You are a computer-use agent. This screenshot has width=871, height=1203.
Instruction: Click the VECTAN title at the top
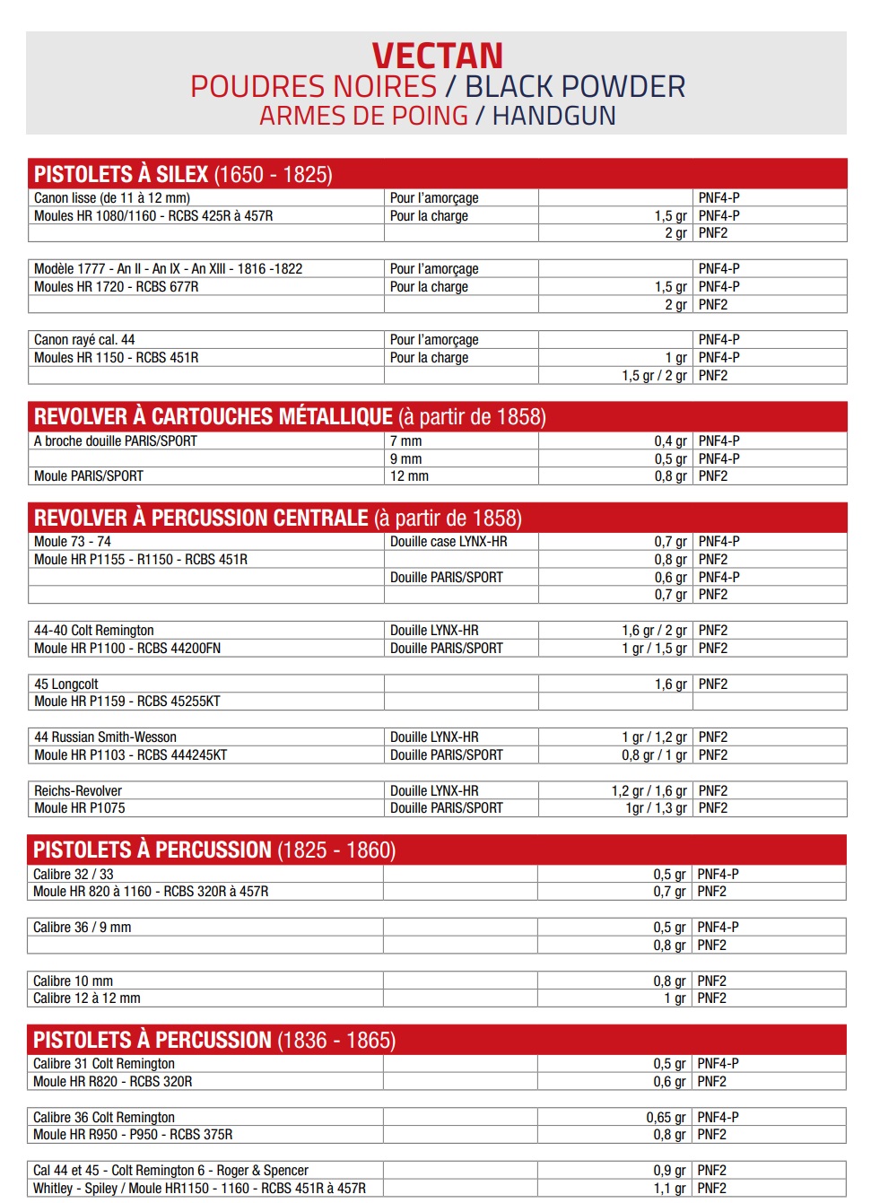[x=437, y=56]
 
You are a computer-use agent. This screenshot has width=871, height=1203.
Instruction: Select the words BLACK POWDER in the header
[x=575, y=87]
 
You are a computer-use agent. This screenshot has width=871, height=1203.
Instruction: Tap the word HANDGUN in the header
[x=553, y=117]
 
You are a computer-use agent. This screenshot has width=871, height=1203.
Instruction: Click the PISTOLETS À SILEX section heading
[x=183, y=174]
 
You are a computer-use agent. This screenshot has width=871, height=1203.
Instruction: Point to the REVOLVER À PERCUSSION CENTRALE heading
[x=277, y=518]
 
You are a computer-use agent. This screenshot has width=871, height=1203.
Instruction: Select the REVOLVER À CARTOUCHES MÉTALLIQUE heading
[x=290, y=416]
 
